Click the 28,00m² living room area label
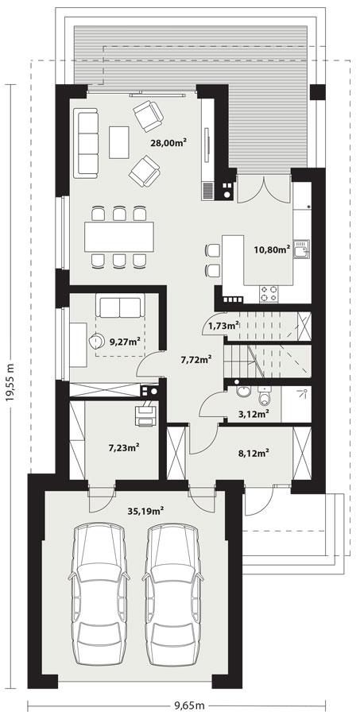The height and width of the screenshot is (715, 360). [170, 142]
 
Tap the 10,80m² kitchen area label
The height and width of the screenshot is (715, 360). [273, 249]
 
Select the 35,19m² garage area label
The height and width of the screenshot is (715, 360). [145, 510]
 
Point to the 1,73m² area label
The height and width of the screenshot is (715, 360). [223, 326]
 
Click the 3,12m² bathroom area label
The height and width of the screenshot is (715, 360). [253, 414]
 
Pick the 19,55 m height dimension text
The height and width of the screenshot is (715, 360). [10, 384]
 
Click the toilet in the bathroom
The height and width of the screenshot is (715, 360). [264, 396]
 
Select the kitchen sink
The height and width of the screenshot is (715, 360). [301, 249]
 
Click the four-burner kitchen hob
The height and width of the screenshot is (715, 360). [269, 293]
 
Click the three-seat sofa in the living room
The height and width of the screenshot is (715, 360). [88, 141]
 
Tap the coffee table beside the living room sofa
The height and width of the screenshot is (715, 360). [119, 142]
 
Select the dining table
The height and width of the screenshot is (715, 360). [119, 237]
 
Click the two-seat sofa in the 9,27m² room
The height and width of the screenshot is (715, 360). [119, 306]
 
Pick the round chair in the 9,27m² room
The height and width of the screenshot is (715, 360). [96, 340]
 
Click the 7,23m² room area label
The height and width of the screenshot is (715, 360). [124, 448]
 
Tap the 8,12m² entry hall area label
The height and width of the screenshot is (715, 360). [254, 453]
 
